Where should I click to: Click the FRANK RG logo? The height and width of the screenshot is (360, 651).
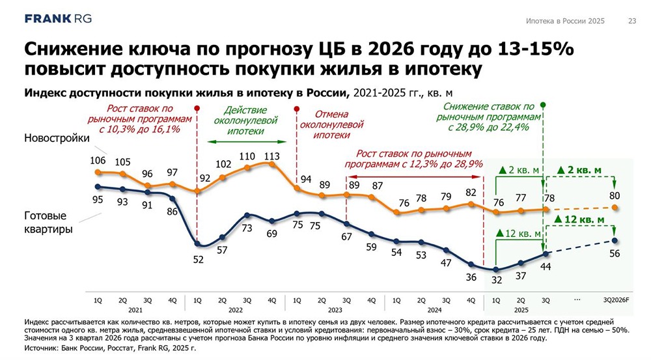pyautogui.click(x=57, y=18)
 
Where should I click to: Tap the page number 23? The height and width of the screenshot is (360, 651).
pyautogui.click(x=631, y=21)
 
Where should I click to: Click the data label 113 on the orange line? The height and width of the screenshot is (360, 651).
pyautogui.click(x=271, y=156)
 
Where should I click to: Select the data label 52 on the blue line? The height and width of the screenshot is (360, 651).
pyautogui.click(x=198, y=259)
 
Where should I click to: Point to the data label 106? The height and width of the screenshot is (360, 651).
pyautogui.click(x=98, y=161)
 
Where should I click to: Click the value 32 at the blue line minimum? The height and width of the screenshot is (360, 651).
pyautogui.click(x=496, y=281)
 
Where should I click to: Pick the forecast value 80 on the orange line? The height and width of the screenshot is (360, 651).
pyautogui.click(x=614, y=195)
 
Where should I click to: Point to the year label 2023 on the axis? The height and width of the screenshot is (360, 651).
pyautogui.click(x=334, y=311)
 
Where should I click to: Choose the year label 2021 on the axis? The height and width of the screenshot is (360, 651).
pyautogui.click(x=135, y=311)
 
